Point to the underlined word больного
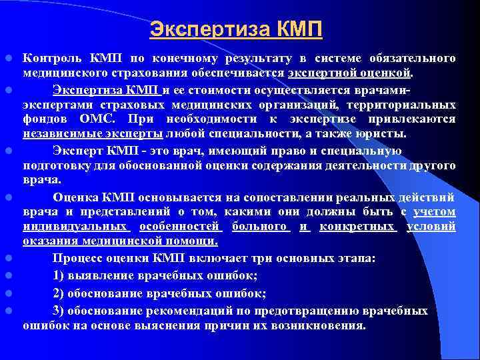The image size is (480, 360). click(x=261, y=228)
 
